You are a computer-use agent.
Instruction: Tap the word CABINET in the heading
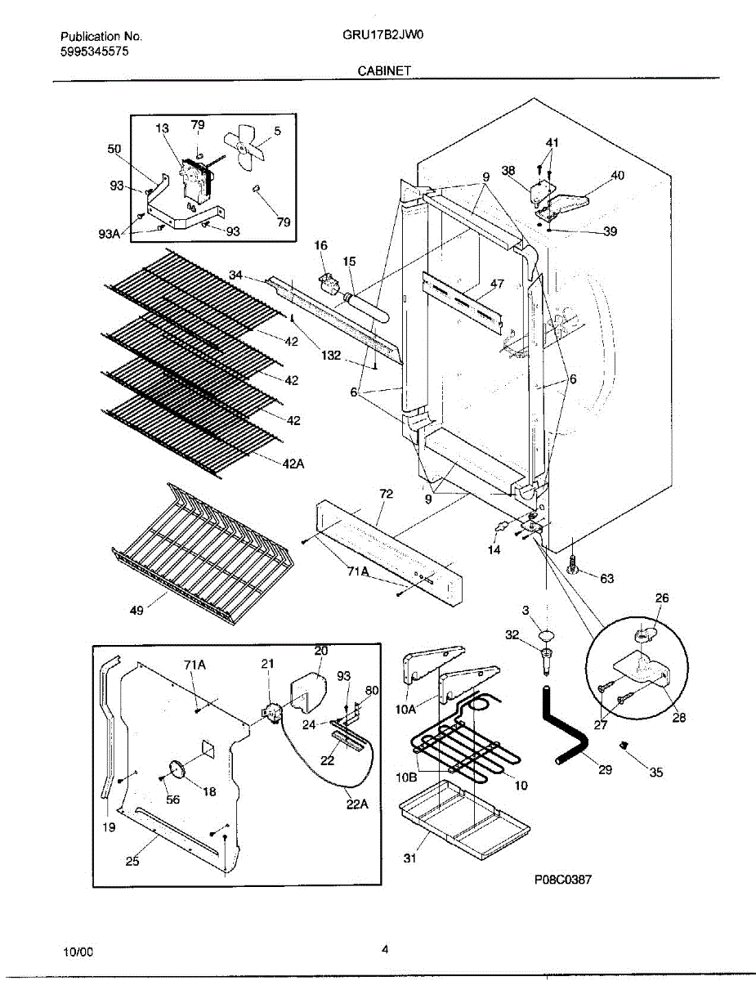click(x=383, y=71)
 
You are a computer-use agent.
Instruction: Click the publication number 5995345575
click(x=94, y=51)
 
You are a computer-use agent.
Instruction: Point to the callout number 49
click(x=137, y=609)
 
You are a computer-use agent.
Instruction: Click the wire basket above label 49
click(x=200, y=548)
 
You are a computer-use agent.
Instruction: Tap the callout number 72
click(x=386, y=495)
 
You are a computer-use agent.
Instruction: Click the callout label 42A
click(x=294, y=463)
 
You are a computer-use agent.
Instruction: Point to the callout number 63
click(x=606, y=579)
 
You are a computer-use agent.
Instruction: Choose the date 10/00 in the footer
click(x=78, y=952)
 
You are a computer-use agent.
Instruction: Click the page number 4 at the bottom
click(x=384, y=949)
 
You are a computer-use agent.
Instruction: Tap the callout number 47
click(x=497, y=284)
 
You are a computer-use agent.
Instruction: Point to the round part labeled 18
click(x=178, y=770)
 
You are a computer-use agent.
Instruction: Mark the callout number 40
click(x=617, y=175)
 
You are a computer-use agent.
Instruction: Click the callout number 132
click(x=331, y=356)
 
